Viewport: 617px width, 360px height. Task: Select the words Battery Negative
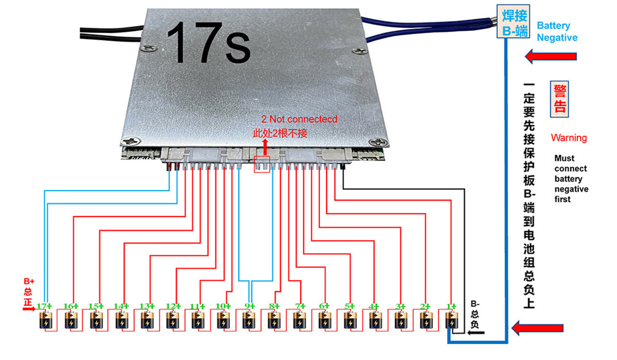coord(557,31)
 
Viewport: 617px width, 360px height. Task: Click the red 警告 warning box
coord(560,99)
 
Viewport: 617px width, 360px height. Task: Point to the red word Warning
coord(569,138)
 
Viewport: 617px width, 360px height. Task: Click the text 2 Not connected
coord(299,119)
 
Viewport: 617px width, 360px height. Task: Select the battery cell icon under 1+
coord(452,320)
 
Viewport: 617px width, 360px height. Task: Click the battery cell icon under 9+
coord(249,320)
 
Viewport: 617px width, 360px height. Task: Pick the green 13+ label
coord(146,306)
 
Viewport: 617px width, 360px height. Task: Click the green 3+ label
coord(400,306)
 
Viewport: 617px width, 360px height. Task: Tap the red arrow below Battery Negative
coord(550,56)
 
